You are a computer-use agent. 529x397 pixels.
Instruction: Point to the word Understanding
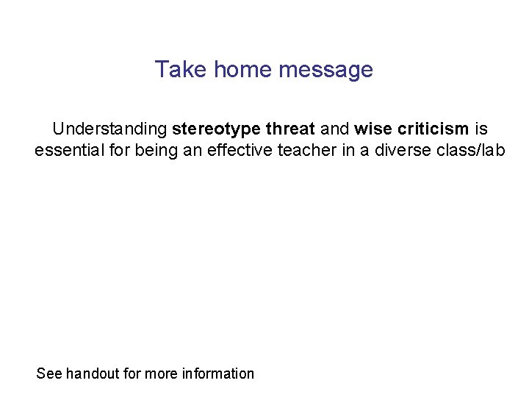[x=109, y=129]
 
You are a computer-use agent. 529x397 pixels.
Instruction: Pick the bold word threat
[x=290, y=129]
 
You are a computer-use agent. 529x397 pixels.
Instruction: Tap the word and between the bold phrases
[x=334, y=129]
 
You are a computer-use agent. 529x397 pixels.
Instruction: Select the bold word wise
[x=373, y=129]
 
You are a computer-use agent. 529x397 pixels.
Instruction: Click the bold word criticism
[x=432, y=129]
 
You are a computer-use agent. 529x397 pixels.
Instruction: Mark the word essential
[x=65, y=151]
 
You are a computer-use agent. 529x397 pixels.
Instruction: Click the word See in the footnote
[x=49, y=373]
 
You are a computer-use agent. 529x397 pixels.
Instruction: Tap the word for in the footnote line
[x=132, y=373]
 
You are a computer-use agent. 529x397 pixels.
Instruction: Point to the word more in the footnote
[x=160, y=373]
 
